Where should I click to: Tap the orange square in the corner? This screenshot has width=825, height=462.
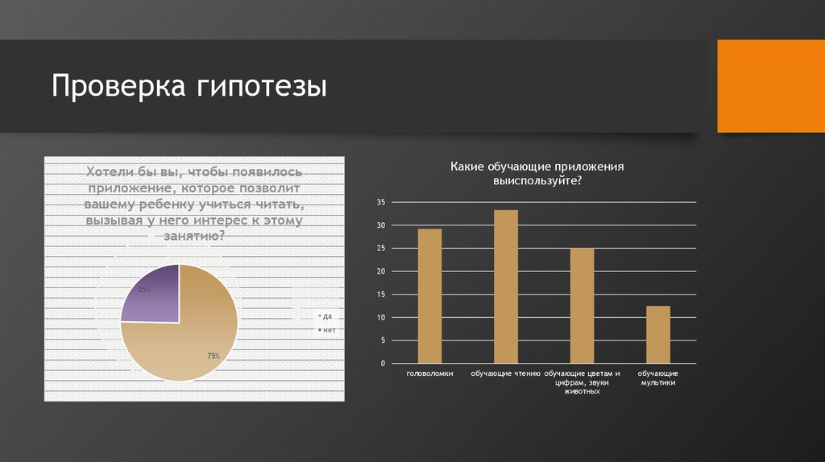point(771,86)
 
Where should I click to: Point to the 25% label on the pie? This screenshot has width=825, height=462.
point(144,289)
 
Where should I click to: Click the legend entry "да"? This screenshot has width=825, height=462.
point(325,316)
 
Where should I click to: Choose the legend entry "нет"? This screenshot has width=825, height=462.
point(326,330)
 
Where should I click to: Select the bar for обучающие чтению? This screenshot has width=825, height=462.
point(505,287)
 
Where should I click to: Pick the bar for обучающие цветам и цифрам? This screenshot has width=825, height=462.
point(582,306)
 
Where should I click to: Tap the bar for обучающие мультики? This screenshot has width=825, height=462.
point(658,335)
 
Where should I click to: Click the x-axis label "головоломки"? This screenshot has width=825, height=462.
point(429,374)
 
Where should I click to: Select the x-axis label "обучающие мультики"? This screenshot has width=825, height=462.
point(658,378)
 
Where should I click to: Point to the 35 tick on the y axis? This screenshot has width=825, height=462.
point(381,202)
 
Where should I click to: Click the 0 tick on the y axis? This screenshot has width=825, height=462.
point(383,364)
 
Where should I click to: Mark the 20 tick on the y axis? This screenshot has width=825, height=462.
point(381,271)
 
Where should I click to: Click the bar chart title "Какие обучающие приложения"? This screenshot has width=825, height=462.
point(537,167)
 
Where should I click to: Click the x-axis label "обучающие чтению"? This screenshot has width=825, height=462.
point(505,374)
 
